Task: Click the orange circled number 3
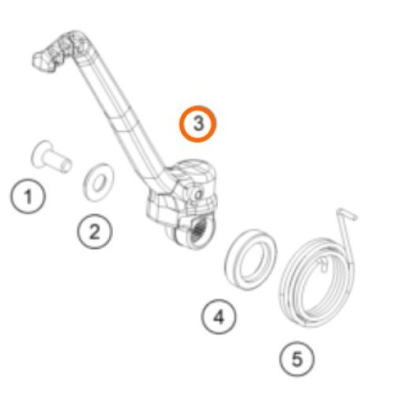(197, 124)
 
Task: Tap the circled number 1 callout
(28, 196)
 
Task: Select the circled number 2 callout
(95, 231)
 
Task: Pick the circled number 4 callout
(219, 317)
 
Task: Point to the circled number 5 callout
(297, 359)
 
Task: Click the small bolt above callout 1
(51, 157)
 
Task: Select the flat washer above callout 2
(98, 182)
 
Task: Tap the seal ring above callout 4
(250, 259)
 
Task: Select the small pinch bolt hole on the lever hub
(197, 195)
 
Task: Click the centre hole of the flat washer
(99, 182)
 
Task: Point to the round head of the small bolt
(39, 154)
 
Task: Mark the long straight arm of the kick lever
(121, 116)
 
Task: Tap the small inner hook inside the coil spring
(322, 264)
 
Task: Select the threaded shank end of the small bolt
(66, 165)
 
